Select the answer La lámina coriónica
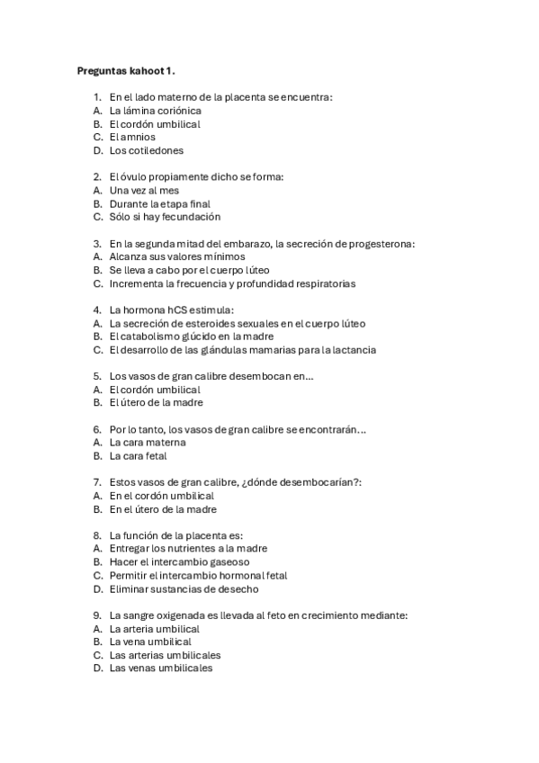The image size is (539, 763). click(x=155, y=110)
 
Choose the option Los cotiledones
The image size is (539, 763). click(x=146, y=150)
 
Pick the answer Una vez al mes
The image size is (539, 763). click(x=144, y=191)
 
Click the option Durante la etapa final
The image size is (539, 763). click(x=159, y=204)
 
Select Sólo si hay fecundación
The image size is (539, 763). click(x=165, y=217)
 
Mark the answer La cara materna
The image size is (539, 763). click(x=148, y=443)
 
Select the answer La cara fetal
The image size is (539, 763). click(x=138, y=456)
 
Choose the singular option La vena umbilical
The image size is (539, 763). click(x=150, y=642)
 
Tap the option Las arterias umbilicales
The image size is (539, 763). click(x=165, y=655)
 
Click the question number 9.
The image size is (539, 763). click(x=96, y=615)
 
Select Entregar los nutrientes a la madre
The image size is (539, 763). click(x=188, y=548)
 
